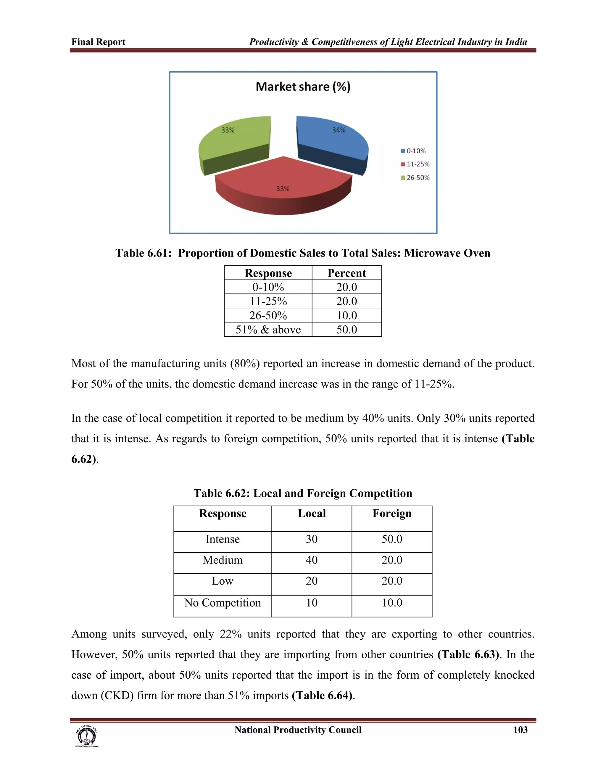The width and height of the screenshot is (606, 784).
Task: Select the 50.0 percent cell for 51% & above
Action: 346,330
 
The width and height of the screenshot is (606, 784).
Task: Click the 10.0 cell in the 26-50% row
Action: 346,315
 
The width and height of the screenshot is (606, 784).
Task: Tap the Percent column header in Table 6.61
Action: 346,273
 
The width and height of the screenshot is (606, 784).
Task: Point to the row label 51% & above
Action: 268,330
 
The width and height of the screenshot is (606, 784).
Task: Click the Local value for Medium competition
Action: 311,560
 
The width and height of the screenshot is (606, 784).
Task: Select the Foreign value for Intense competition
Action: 392,539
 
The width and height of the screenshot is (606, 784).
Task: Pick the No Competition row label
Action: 222,602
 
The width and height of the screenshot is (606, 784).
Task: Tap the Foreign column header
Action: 392,513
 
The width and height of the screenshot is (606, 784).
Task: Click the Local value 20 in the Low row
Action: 311,581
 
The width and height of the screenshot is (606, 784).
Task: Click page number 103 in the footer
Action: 520,730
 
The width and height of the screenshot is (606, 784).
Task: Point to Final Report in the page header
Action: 98,42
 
